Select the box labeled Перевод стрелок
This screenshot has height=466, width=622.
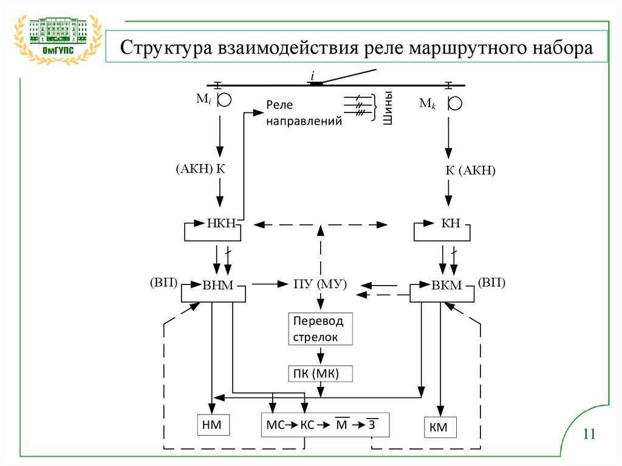pyautogui.click(x=320, y=329)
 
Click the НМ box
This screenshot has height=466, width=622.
pyautogui.click(x=213, y=426)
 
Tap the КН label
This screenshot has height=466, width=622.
pyautogui.click(x=446, y=224)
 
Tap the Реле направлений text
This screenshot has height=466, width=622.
pyautogui.click(x=302, y=113)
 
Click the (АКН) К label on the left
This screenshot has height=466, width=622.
pyautogui.click(x=201, y=168)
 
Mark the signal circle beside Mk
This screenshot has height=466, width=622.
pyautogui.click(x=453, y=101)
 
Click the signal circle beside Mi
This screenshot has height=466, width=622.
pyautogui.click(x=224, y=100)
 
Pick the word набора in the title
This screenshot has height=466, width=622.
pyautogui.click(x=558, y=47)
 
